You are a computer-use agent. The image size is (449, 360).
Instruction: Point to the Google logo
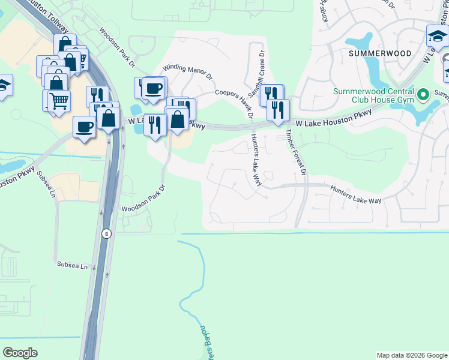coord(20,353)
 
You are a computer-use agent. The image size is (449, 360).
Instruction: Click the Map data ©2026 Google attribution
coord(411,355)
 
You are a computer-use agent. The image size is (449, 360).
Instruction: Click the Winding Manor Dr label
coord(188,71)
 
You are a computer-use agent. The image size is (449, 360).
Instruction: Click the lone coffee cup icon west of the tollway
coord(84,127)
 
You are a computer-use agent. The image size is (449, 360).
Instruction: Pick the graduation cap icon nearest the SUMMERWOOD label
coord(438,37)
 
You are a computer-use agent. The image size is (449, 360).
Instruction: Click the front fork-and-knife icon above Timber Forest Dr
coord(278,110)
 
